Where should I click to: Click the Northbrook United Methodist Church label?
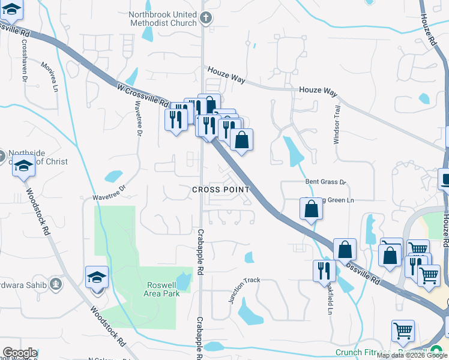163,18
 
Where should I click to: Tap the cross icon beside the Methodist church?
206,18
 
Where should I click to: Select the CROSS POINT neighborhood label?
220,190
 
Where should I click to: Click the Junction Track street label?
244,290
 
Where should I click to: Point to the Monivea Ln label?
50,77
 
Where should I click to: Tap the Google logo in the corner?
19,353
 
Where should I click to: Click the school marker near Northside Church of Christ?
24,166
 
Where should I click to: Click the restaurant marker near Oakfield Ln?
322,271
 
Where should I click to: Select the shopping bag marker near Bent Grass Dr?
311,209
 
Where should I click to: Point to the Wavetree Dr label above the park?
108,192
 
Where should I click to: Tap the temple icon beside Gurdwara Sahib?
56,283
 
